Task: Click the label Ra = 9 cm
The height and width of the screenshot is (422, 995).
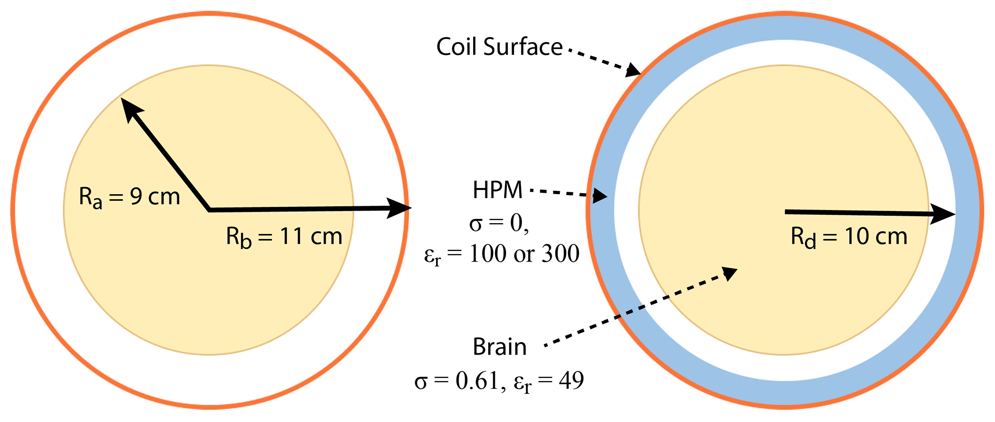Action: click(x=130, y=197)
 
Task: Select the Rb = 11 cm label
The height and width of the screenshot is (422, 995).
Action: click(x=284, y=237)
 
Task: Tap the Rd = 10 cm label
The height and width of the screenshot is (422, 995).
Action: click(x=849, y=237)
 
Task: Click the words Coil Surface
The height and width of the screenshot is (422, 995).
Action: click(x=499, y=47)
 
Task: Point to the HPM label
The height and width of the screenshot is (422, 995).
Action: click(x=497, y=190)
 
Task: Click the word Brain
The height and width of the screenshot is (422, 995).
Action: click(x=499, y=347)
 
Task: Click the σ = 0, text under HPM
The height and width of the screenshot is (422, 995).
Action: click(x=499, y=223)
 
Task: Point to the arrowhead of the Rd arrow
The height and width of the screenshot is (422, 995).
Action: click(x=944, y=214)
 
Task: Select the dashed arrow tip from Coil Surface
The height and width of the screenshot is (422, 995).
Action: click(x=635, y=72)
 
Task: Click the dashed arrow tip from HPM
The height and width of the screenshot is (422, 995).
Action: click(x=601, y=196)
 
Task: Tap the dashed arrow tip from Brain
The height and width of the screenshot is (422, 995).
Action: click(x=730, y=272)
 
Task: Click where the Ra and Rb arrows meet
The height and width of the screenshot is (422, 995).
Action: click(x=210, y=210)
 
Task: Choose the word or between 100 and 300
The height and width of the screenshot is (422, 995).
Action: click(x=524, y=254)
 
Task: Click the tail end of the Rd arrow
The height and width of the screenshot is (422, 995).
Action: click(x=786, y=212)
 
